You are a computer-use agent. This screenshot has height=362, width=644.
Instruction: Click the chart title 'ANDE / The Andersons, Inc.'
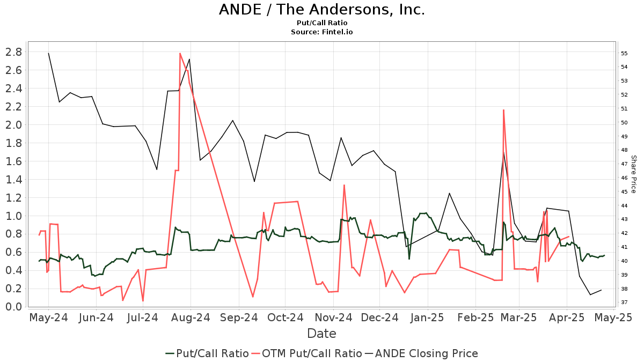pos(321,10)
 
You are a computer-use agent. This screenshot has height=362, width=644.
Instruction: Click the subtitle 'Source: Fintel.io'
pos(321,32)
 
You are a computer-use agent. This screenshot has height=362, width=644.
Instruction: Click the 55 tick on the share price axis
pos(624,53)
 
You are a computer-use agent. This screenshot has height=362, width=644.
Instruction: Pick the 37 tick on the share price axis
pos(624,302)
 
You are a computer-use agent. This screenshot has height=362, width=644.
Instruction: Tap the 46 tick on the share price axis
pos(624,178)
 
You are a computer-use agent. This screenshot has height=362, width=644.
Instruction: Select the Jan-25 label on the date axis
pos(428,318)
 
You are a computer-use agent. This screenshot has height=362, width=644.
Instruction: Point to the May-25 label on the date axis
pos(617,318)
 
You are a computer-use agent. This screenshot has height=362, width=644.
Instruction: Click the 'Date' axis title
pos(321,334)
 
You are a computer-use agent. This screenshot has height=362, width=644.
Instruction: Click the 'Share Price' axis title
pos(633,174)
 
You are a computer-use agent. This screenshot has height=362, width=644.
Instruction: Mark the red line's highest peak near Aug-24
pos(180,53)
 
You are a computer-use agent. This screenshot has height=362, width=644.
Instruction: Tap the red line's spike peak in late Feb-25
pos(503,110)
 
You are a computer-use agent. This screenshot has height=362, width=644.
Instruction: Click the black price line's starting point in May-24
pos(48,53)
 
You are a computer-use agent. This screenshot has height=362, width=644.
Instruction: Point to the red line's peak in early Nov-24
pos(344,185)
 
